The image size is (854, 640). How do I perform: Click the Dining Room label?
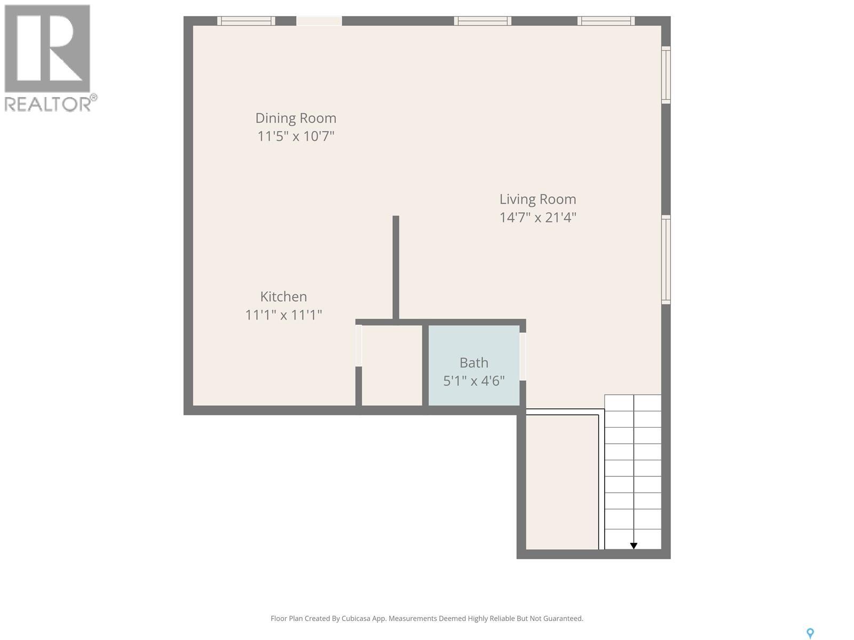pyautogui.click(x=296, y=118)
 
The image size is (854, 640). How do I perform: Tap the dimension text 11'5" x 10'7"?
pyautogui.click(x=296, y=136)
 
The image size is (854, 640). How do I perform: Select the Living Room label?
pyautogui.click(x=537, y=199)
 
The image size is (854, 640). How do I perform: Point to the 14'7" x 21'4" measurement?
pyautogui.click(x=537, y=218)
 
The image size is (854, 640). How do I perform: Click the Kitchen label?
pyautogui.click(x=283, y=297)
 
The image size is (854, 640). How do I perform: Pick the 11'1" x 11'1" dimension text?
pyautogui.click(x=283, y=315)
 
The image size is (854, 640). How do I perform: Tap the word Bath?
pyautogui.click(x=473, y=363)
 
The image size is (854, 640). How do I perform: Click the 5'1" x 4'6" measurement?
pyautogui.click(x=473, y=381)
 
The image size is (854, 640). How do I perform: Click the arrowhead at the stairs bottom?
pyautogui.click(x=634, y=546)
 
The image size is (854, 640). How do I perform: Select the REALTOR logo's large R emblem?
pyautogui.click(x=47, y=49)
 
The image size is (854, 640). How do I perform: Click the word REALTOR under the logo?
pyautogui.click(x=48, y=104)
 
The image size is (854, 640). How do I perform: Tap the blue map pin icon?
pyautogui.click(x=810, y=633)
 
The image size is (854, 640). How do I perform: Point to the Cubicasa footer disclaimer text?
pyautogui.click(x=426, y=619)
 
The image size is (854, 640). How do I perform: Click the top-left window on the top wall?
pyautogui.click(x=246, y=21)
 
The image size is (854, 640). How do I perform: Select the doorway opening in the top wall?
pyautogui.click(x=319, y=21)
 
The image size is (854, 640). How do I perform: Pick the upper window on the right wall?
pyautogui.click(x=666, y=75)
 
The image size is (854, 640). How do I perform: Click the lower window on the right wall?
pyautogui.click(x=666, y=260)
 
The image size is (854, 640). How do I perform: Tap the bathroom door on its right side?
pyautogui.click(x=523, y=356)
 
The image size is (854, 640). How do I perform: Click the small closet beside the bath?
pyautogui.click(x=392, y=365)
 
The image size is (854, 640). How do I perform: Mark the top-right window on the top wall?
pyautogui.click(x=606, y=21)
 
